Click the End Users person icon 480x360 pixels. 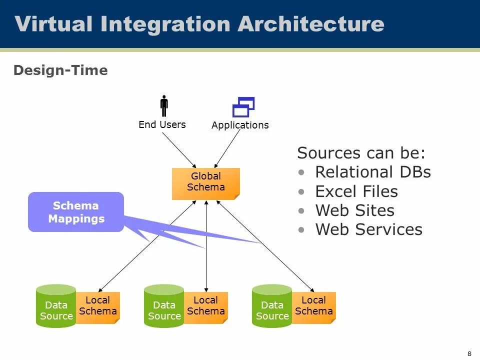pos(164,106)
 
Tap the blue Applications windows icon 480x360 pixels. pos(243,107)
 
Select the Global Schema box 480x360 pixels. pos(205,184)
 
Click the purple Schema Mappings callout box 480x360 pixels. pos(76,212)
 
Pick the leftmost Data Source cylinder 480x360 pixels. pos(56,306)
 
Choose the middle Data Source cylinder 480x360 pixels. pos(164,306)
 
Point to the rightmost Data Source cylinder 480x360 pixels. pos(272,306)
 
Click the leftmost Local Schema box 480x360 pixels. pos(98,307)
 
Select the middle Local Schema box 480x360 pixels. pos(206,307)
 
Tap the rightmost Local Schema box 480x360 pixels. pos(314,307)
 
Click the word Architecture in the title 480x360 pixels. pos(311,24)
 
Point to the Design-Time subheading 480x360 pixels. pos(60,70)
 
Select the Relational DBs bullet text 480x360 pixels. pos(373,172)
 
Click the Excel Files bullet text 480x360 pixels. pos(356,191)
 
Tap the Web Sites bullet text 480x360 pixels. pos(355,210)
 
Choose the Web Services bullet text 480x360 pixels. pos(369,229)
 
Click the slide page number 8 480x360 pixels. pos(469,354)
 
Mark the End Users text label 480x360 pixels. pos(162,124)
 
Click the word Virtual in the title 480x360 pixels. pos(53,24)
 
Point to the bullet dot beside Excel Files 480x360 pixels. pos(301,192)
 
